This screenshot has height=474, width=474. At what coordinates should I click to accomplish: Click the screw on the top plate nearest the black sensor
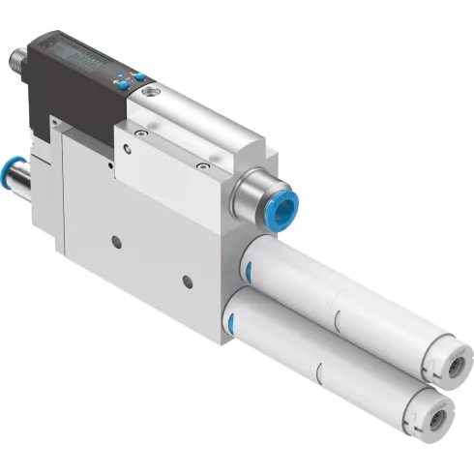(x=141, y=133)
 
